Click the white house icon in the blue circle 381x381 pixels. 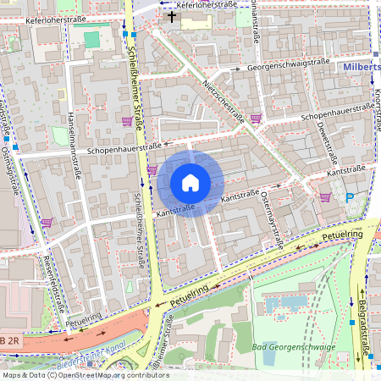190,183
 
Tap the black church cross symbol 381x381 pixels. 172,16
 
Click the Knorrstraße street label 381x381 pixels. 376,110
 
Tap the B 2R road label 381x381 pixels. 9,340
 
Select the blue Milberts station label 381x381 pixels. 362,67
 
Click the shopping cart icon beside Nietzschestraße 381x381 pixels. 256,119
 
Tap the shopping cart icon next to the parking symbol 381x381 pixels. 325,196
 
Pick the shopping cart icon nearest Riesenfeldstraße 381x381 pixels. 46,223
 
